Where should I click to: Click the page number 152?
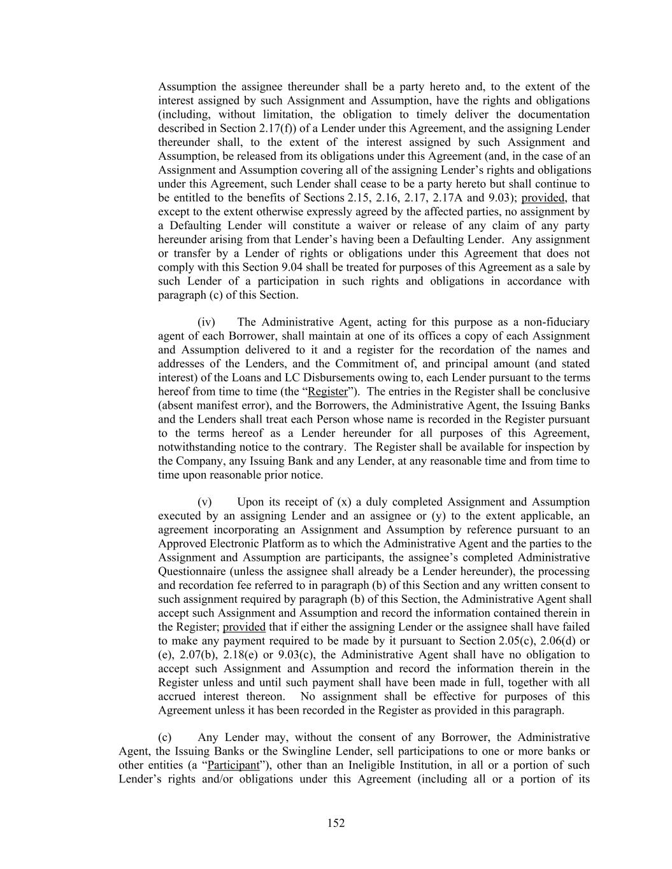pyautogui.click(x=336, y=823)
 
